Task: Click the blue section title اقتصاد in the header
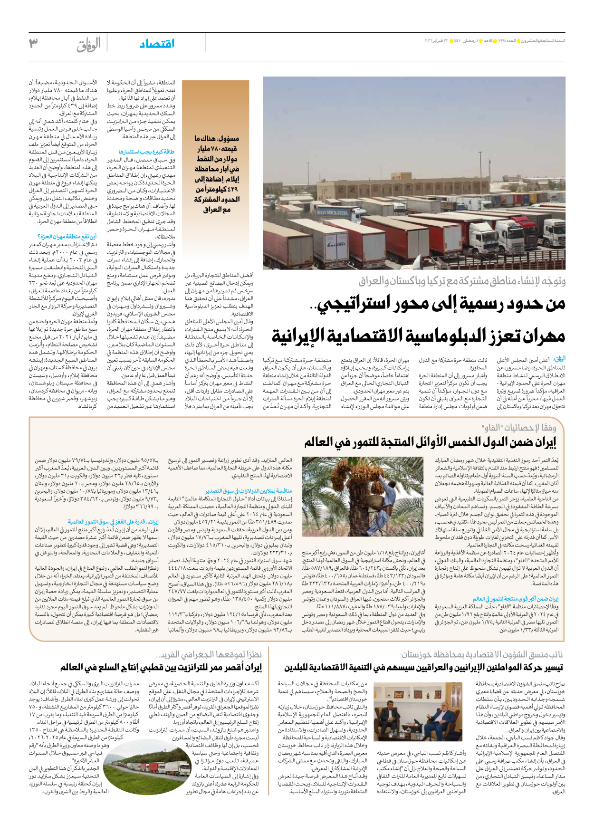tap(157, 44)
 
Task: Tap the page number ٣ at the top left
tap(33, 43)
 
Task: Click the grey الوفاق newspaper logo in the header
tap(88, 44)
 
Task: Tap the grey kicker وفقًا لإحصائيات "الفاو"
tap(518, 427)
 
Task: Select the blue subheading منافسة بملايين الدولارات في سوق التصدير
tap(249, 491)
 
